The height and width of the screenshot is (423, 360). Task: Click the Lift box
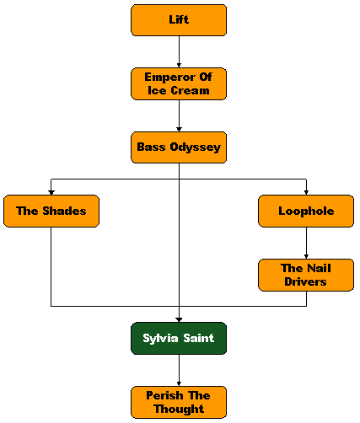(179, 20)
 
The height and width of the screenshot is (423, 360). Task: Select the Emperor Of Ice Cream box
(179, 83)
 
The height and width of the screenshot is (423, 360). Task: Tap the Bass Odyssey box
(179, 147)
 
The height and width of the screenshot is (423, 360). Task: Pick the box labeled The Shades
(51, 211)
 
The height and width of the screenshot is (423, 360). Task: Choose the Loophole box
(306, 211)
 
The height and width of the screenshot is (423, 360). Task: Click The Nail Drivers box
(306, 275)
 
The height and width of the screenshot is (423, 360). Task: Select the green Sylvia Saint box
(179, 338)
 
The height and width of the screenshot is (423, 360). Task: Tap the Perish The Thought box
(179, 402)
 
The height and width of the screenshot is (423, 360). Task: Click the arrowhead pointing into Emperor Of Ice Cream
(179, 66)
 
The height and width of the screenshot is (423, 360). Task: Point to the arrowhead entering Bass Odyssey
(179, 129)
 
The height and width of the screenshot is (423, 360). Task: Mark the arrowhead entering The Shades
(51, 193)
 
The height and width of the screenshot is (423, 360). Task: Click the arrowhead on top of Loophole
(306, 193)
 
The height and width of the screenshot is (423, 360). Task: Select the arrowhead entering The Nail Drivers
(306, 257)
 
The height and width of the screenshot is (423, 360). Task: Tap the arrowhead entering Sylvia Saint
(179, 320)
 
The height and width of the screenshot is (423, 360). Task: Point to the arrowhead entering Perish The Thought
(179, 384)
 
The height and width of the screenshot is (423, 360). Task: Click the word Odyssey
(196, 147)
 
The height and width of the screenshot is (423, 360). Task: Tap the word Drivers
(305, 281)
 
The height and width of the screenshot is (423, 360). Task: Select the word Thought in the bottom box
(179, 409)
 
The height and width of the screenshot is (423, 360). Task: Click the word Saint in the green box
(199, 338)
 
